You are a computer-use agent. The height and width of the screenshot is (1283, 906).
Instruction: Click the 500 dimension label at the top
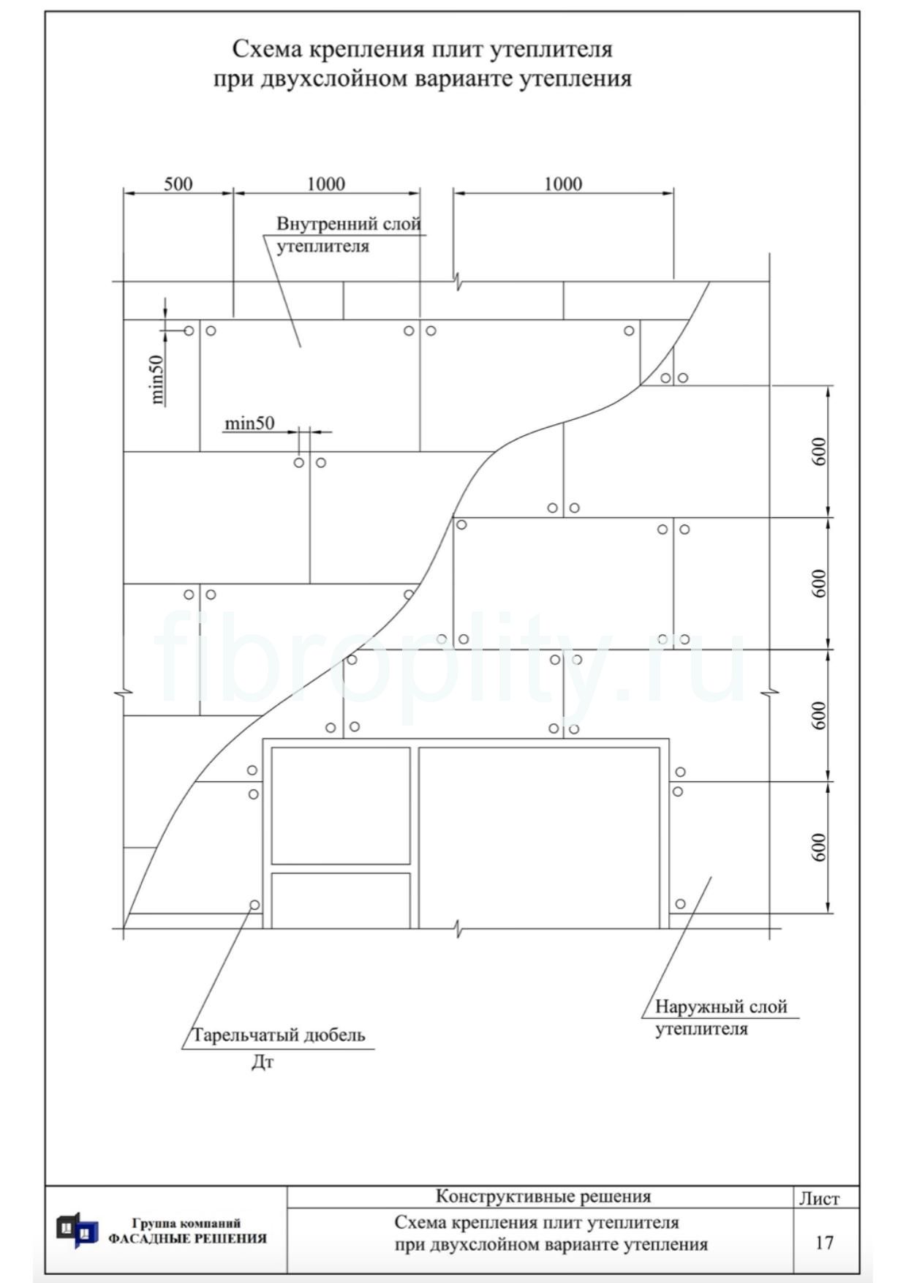[178, 184]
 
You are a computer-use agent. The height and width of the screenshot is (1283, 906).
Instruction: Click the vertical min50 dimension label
[157, 379]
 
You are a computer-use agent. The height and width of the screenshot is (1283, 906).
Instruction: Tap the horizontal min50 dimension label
[249, 423]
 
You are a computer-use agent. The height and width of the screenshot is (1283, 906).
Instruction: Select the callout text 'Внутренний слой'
[349, 223]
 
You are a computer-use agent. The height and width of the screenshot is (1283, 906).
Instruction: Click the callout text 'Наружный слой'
[721, 1007]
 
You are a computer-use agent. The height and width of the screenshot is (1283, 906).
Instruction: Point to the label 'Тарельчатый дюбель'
[279, 1035]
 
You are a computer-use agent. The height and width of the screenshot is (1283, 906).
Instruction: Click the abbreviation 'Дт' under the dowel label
[263, 1062]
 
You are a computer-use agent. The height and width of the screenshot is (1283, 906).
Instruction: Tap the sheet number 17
[824, 1243]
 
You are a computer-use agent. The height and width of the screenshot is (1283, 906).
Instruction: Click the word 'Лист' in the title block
[819, 1198]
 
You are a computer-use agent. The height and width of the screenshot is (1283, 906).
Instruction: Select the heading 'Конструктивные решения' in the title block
[543, 1197]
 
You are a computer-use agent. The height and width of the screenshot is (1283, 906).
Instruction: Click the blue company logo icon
[77, 1230]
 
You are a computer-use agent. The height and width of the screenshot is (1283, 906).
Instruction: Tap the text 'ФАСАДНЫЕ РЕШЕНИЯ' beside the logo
[187, 1238]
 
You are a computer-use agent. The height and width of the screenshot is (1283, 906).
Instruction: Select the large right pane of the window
[540, 838]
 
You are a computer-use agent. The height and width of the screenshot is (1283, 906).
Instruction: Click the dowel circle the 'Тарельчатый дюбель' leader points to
[254, 905]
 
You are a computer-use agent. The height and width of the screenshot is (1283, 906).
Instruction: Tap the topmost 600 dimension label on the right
[819, 451]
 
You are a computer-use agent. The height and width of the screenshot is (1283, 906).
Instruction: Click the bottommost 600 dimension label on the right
[819, 847]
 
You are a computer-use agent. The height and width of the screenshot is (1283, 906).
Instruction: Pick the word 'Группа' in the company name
[151, 1223]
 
